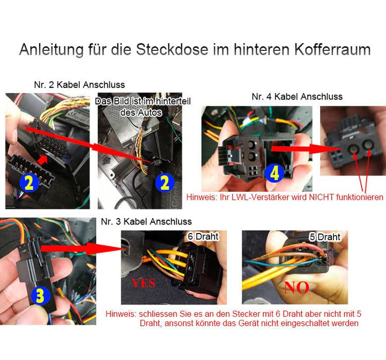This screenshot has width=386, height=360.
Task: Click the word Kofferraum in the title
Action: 332,49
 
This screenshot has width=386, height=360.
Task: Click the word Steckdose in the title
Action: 172,49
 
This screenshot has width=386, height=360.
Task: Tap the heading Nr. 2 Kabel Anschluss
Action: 79,85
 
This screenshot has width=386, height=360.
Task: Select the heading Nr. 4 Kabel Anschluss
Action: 297,96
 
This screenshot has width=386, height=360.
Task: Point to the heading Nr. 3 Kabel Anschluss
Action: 146,221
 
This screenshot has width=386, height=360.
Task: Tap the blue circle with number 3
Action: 41,295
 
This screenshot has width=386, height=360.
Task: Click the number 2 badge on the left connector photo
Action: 29,183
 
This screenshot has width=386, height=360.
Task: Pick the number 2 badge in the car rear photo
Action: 165,183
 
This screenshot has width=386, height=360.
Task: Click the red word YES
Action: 144,283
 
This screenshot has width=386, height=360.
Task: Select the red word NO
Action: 296,287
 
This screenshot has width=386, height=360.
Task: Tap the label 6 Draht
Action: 203,236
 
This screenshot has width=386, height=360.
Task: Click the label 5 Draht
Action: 325,237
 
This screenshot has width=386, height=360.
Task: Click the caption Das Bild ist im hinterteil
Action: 143,101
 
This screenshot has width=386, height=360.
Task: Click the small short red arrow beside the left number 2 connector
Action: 42,160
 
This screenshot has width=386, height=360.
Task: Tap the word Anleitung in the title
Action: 51,50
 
